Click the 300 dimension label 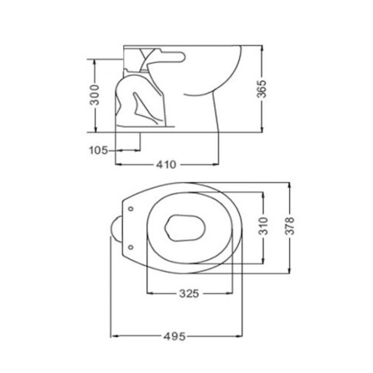click(x=95, y=95)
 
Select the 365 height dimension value click(x=262, y=89)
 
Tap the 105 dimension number click(x=98, y=150)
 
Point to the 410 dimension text click(x=166, y=164)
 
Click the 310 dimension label click(x=263, y=226)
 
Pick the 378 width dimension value click(x=289, y=226)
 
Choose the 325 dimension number click(x=190, y=294)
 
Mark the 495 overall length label click(x=174, y=336)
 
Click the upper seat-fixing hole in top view click(x=131, y=209)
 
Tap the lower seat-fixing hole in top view click(x=131, y=247)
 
